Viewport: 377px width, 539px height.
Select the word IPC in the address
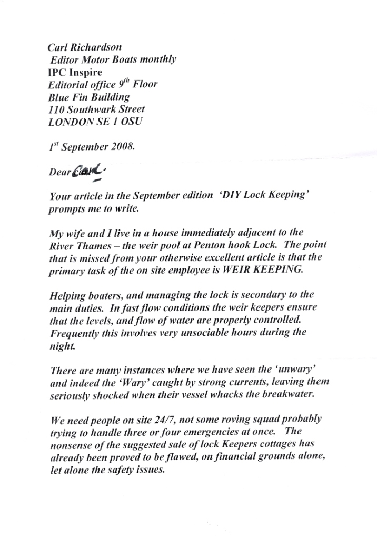coord(56,72)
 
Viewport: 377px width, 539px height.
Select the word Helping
coord(67,295)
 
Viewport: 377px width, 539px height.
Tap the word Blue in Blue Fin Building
coord(58,97)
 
